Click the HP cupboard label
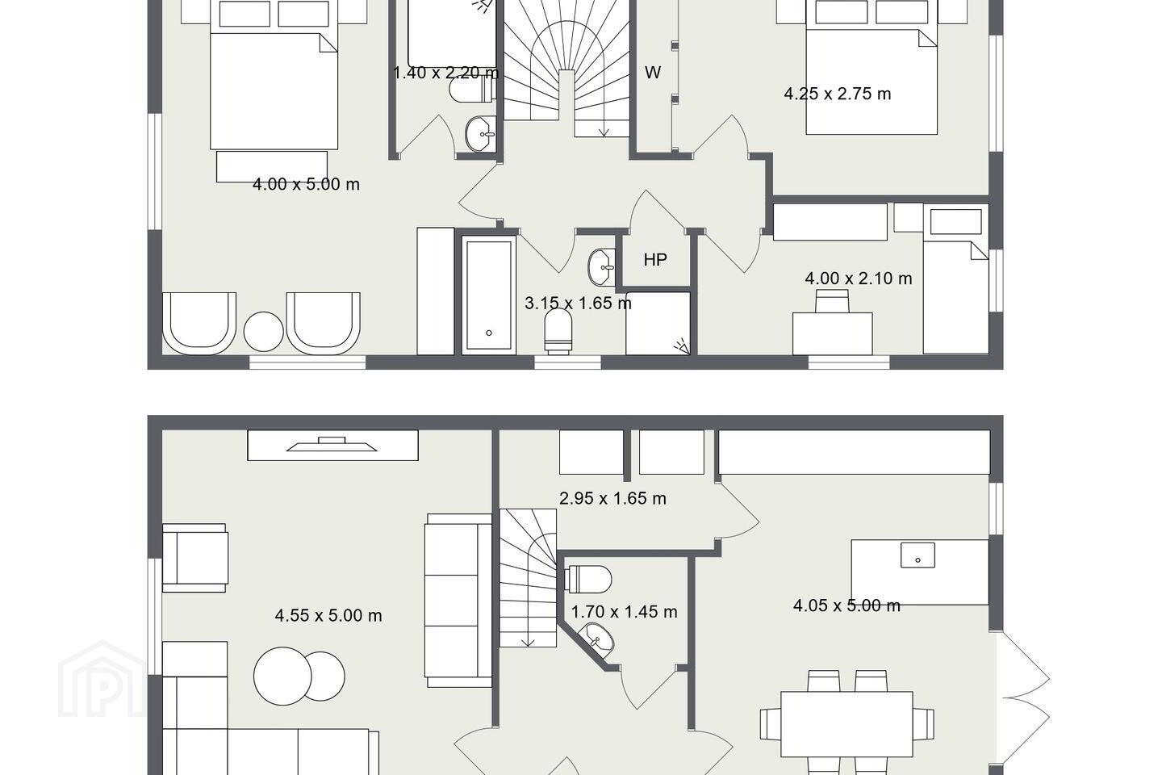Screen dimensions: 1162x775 point(655,260)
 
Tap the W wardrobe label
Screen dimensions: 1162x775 point(653,73)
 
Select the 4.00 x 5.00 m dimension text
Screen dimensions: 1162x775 point(306,184)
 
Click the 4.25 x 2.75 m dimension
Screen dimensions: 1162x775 point(838,94)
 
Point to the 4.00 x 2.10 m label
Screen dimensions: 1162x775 point(859,279)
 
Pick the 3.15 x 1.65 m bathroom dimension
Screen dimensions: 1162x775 point(578,304)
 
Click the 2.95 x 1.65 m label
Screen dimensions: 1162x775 point(612,498)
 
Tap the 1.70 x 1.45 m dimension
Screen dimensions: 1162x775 point(624,612)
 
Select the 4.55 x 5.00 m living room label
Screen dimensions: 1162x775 point(328,616)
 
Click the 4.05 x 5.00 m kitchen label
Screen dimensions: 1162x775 point(846,605)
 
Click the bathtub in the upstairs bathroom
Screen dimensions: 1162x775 point(489,295)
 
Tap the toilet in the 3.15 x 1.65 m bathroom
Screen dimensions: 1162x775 point(558,331)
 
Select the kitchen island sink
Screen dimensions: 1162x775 point(917,555)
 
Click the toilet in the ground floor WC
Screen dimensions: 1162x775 point(587,580)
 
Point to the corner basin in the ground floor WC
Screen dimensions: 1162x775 point(597,639)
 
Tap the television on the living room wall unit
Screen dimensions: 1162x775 point(332,444)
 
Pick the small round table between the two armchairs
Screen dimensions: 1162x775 point(264,332)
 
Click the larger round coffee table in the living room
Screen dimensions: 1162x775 point(282,676)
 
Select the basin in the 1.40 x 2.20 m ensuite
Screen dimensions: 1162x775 point(480,134)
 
